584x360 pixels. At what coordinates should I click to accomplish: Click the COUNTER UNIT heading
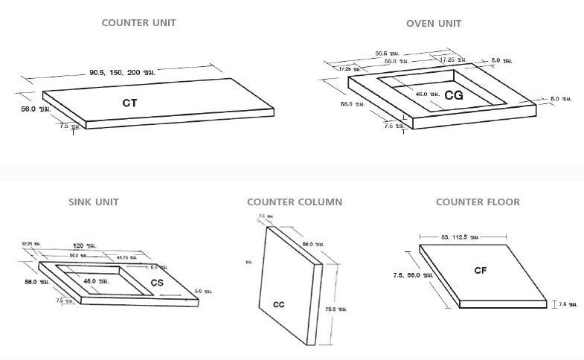[138, 23]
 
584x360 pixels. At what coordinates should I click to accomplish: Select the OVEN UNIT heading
[434, 23]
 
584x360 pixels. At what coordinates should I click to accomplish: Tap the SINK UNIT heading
[94, 202]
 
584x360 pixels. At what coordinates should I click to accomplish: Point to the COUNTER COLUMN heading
[295, 202]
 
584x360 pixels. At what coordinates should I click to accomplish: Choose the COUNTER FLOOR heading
[478, 202]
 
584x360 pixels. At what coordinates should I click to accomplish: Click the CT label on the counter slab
[130, 103]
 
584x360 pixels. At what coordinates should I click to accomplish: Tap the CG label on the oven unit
[454, 95]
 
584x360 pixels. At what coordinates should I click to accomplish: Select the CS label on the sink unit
[157, 283]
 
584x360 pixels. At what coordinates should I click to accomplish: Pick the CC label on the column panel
[279, 304]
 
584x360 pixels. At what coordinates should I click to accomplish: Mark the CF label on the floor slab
[481, 271]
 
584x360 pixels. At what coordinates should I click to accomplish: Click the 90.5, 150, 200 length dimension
[122, 72]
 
